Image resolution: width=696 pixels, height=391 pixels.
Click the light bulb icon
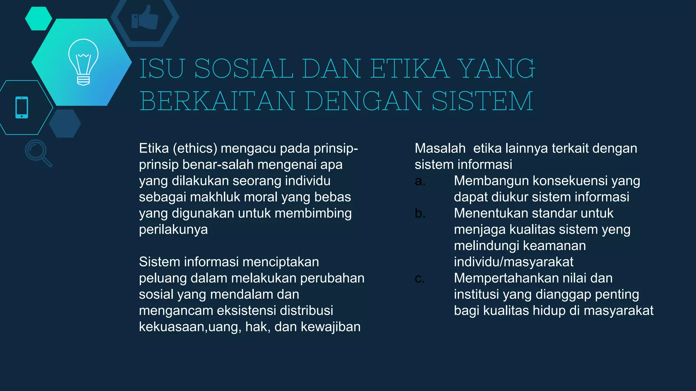click(83, 62)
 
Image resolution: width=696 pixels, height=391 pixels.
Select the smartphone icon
click(22, 108)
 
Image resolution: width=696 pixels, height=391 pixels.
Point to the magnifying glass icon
click(38, 153)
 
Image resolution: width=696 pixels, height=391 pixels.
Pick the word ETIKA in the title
click(410, 69)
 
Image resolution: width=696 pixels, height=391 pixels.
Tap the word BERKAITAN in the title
click(217, 101)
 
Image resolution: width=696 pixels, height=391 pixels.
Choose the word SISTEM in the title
click(482, 101)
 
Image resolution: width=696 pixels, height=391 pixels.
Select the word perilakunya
click(173, 229)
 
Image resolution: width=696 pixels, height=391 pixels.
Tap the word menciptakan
click(281, 262)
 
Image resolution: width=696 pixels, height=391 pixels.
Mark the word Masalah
click(440, 149)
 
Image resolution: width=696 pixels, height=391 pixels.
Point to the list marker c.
click(420, 279)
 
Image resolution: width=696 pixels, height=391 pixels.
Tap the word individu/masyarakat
click(514, 262)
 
